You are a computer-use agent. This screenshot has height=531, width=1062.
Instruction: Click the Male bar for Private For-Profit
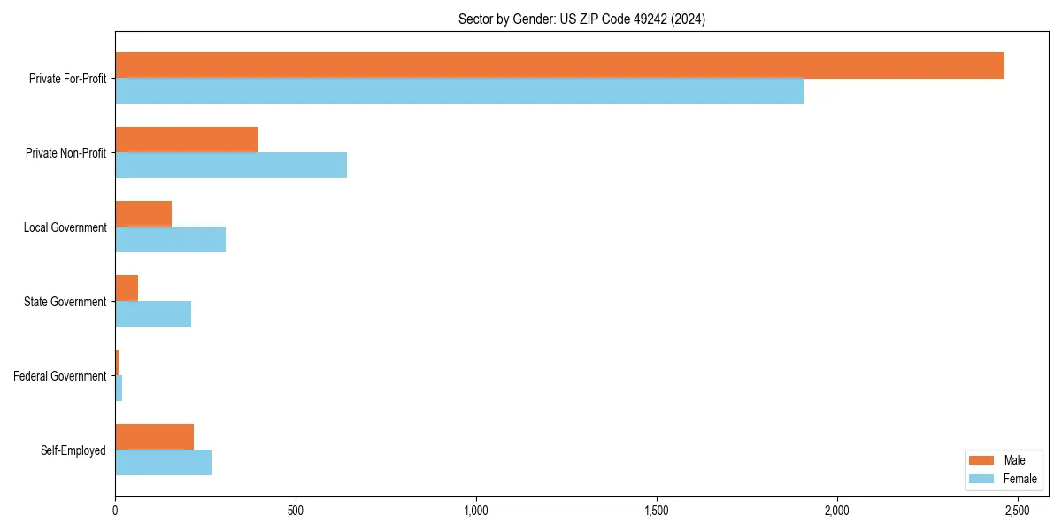pos(559,65)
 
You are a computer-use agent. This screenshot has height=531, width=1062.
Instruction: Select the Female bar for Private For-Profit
pos(459,91)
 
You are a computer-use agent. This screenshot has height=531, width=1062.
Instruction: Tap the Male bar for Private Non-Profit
pos(187,140)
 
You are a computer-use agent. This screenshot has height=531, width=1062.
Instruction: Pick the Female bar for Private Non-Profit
pos(231,165)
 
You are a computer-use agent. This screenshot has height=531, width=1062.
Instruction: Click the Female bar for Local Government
pos(170,240)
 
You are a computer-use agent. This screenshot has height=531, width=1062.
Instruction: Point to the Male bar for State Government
pos(127,289)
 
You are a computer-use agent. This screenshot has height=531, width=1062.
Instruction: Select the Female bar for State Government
pos(153,314)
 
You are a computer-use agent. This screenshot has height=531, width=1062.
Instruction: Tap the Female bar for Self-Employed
pos(163,463)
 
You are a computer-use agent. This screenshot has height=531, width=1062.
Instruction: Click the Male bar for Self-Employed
pos(154,437)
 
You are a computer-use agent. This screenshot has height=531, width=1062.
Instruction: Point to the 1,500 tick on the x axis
pos(657,511)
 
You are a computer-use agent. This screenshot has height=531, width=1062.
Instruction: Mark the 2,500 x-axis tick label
pos(1017,511)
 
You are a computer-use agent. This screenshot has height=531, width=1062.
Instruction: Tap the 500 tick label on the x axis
pos(296,511)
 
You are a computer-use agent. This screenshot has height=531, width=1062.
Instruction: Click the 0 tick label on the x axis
pos(115,511)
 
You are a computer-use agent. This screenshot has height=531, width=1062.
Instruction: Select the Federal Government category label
pos(60,376)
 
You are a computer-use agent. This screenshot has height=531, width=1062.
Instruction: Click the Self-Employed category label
pos(73,450)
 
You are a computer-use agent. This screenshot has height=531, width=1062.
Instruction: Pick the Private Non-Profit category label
pos(65,153)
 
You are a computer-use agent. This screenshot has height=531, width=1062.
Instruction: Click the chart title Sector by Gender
pos(581,19)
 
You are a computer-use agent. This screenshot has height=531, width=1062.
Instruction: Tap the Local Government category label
pos(65,227)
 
